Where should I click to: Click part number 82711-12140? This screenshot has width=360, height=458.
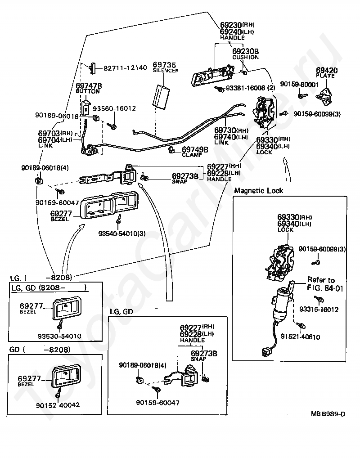click(x=125, y=68)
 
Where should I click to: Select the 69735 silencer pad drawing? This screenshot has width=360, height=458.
click(x=160, y=97)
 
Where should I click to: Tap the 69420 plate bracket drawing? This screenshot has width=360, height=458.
click(x=325, y=95)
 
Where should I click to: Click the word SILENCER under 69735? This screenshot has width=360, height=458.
click(x=166, y=70)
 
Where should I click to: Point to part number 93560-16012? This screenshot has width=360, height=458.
click(x=114, y=108)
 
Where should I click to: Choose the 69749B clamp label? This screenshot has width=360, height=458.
click(x=195, y=152)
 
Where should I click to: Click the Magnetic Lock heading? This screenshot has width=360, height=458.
click(x=259, y=191)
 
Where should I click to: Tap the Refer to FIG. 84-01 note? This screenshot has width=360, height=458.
click(x=325, y=284)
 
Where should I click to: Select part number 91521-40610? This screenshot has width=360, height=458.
click(x=301, y=337)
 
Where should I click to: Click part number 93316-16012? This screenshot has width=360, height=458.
click(x=319, y=310)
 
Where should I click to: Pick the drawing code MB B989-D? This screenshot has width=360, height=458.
click(x=328, y=414)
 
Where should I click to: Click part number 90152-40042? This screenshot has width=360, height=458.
click(x=58, y=405)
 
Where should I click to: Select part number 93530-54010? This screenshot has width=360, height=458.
click(x=59, y=336)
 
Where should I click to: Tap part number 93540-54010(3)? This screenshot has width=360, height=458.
click(x=122, y=233)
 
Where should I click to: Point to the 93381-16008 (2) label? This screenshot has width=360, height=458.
click(x=250, y=88)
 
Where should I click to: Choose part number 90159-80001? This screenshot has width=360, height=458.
click(x=299, y=85)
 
